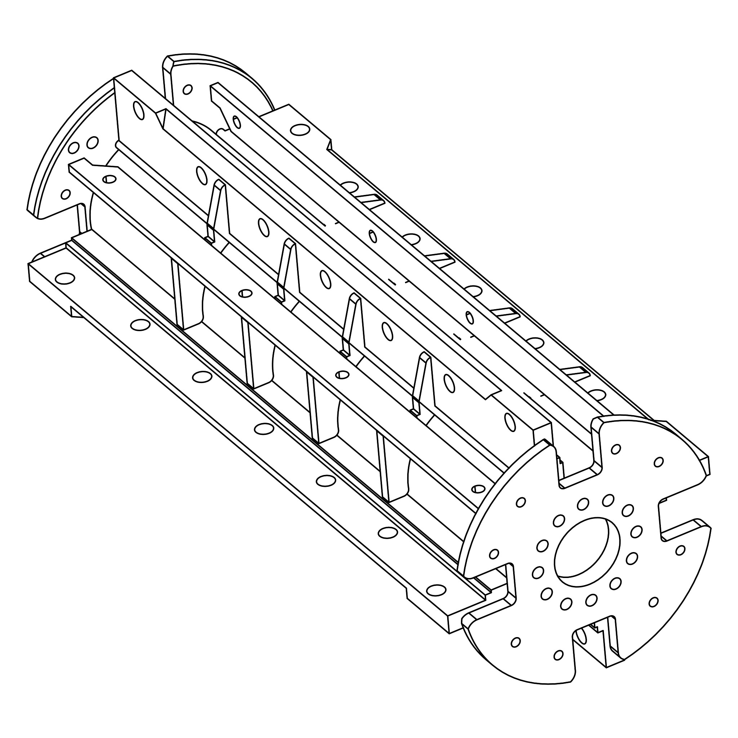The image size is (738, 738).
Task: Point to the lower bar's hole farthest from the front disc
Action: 65,278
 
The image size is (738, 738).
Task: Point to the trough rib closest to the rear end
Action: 178,294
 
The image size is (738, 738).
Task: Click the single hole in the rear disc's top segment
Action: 187,90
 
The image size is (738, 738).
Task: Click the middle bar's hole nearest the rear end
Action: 110,179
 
